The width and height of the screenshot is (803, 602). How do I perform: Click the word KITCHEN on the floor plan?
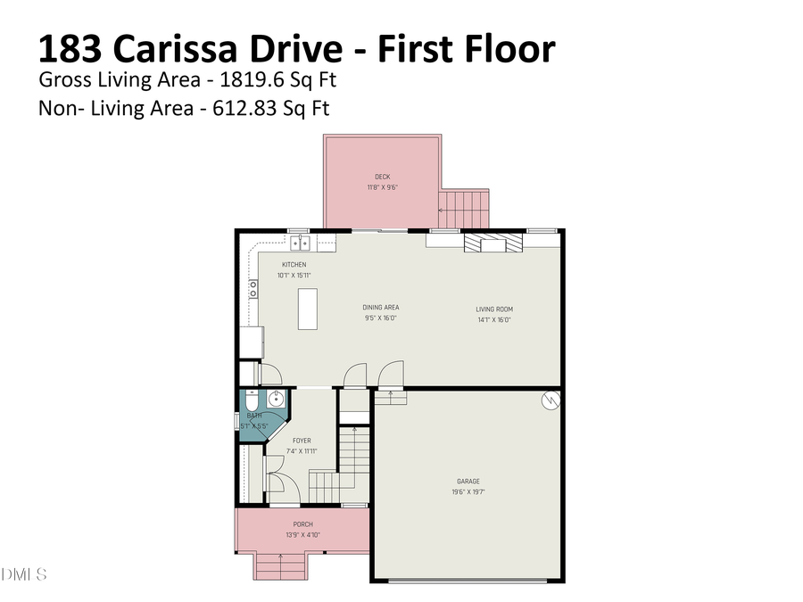pyautogui.click(x=294, y=265)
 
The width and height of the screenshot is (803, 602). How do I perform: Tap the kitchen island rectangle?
pyautogui.click(x=308, y=309)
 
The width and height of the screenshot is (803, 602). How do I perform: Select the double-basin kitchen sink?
pyautogui.click(x=299, y=242)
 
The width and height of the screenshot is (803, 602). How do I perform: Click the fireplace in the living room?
pyautogui.click(x=493, y=243)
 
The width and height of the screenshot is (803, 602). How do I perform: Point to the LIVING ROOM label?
pyautogui.click(x=493, y=309)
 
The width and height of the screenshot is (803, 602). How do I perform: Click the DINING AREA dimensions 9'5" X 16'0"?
pyautogui.click(x=380, y=317)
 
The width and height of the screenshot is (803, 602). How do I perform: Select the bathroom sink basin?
pyautogui.click(x=276, y=398)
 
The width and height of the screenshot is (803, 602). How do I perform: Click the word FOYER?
pyautogui.click(x=302, y=441)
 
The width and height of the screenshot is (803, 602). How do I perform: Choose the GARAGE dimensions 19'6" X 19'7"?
pyautogui.click(x=468, y=491)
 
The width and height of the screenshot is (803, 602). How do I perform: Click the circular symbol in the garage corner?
pyautogui.click(x=551, y=400)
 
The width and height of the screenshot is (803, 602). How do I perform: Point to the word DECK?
pyautogui.click(x=382, y=177)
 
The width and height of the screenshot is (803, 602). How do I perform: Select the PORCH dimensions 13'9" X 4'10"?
pyautogui.click(x=302, y=535)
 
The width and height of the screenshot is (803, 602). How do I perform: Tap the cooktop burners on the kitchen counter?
pyautogui.click(x=253, y=288)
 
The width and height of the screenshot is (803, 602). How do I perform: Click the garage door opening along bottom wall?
pyautogui.click(x=468, y=581)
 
